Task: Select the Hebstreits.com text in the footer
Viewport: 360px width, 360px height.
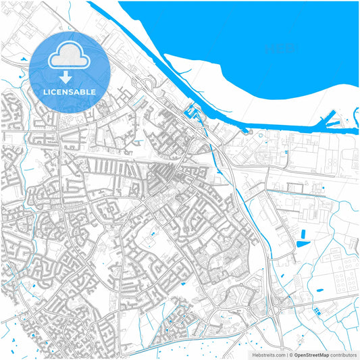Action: pos(268,354)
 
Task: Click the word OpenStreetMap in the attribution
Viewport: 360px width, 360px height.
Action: pos(311,354)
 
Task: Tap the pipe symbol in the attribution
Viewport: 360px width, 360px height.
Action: pos(288,354)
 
